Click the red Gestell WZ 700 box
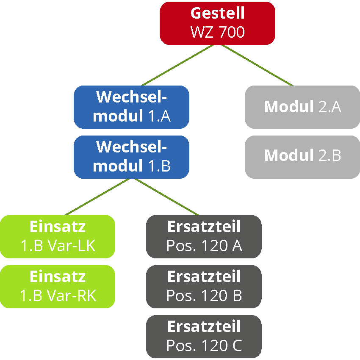pyautogui.click(x=217, y=23)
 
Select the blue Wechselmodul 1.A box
pyautogui.click(x=131, y=107)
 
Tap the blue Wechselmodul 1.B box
pyautogui.click(x=131, y=157)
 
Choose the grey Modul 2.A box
pyautogui.click(x=302, y=107)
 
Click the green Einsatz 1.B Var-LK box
pyautogui.click(x=58, y=236)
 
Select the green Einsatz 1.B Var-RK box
pyautogui.click(x=58, y=286)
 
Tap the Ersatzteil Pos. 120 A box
pyautogui.click(x=204, y=236)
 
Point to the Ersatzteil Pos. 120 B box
pyautogui.click(x=204, y=286)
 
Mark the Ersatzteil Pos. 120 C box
pyautogui.click(x=204, y=336)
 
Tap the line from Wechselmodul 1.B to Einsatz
pyautogui.click(x=97, y=197)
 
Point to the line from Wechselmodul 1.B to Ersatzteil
pyautogui.click(x=167, y=197)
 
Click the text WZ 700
pyautogui.click(x=217, y=32)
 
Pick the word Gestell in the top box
pyautogui.click(x=217, y=13)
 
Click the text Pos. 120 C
pyautogui.click(x=204, y=346)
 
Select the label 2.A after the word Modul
pyautogui.click(x=329, y=107)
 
